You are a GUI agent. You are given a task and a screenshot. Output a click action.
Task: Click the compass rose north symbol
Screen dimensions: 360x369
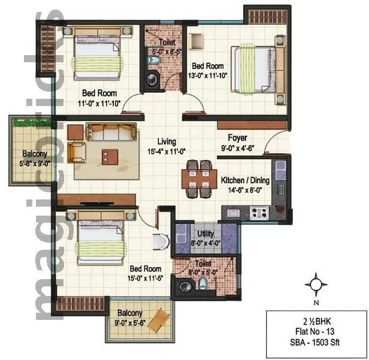pos(317,283)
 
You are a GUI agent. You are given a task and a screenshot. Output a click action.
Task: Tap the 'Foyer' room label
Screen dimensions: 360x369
pos(237,137)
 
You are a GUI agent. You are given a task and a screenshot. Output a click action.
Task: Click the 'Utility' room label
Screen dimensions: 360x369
pos(205,234)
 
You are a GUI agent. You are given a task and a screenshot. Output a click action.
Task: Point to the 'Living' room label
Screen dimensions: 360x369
pos(167,142)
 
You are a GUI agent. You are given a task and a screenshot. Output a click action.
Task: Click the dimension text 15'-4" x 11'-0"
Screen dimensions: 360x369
pos(167,152)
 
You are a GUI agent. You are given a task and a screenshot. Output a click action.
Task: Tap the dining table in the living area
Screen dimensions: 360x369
pos(198,178)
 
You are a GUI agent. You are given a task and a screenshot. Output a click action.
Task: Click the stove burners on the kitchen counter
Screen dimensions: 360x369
pos(258,211)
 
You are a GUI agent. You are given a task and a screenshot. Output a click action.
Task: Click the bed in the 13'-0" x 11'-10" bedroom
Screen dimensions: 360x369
pos(255,69)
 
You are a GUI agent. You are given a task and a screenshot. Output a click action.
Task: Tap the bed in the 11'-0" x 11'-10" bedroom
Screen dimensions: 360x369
pos(96,55)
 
